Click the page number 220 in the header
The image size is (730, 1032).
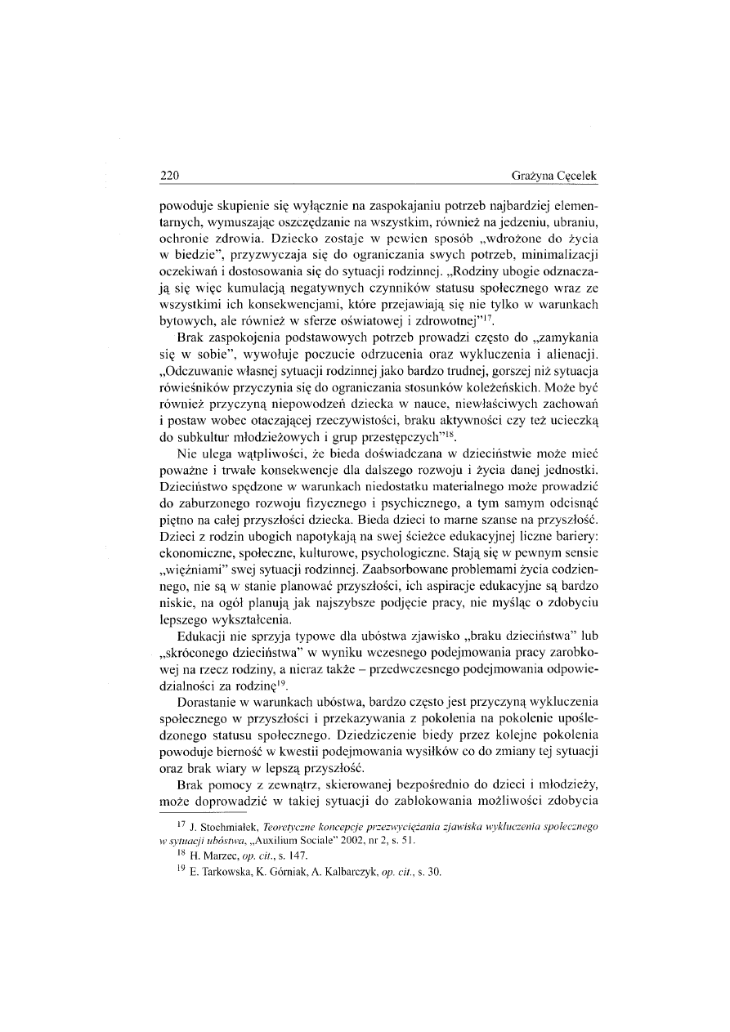(x=169, y=176)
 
